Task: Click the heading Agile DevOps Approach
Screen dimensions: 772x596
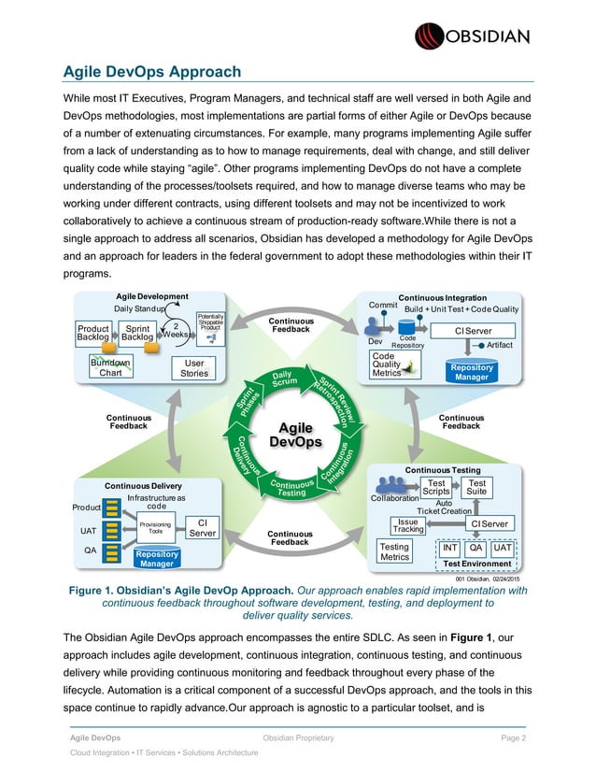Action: (151, 72)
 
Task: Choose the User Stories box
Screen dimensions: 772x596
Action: (195, 368)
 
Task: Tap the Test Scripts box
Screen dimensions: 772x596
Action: (435, 486)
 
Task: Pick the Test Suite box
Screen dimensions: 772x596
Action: (476, 486)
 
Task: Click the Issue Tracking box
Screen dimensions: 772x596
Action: (408, 526)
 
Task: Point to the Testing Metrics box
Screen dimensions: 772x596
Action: (395, 551)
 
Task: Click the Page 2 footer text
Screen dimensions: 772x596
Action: (510, 738)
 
